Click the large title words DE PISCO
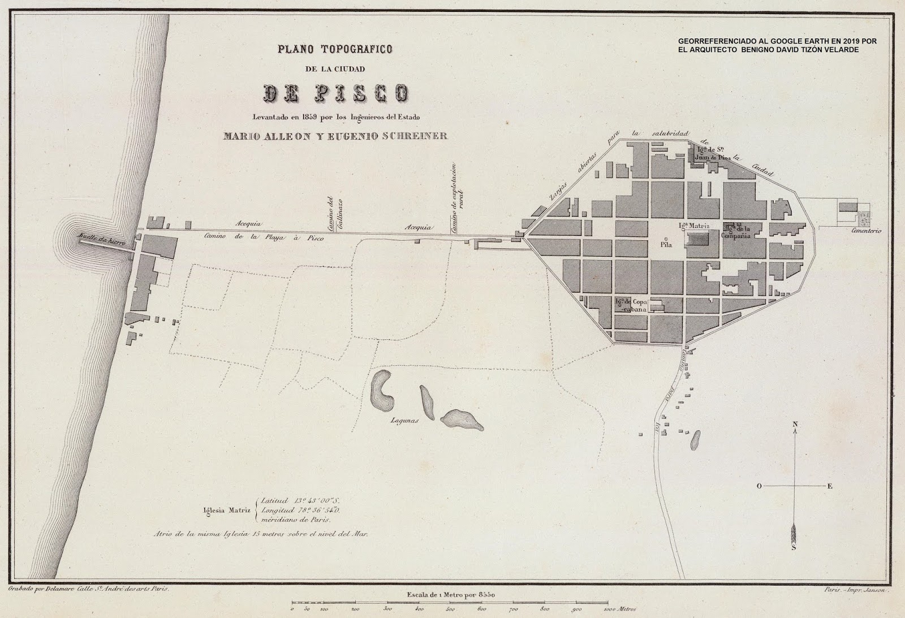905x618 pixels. click(x=336, y=93)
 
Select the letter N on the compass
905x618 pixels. click(x=795, y=424)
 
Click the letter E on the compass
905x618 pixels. click(x=830, y=486)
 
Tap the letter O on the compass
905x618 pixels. click(x=759, y=486)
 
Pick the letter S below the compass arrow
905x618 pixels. click(x=794, y=547)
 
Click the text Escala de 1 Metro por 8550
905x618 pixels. click(x=451, y=594)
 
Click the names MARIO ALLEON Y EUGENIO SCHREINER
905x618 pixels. click(x=336, y=136)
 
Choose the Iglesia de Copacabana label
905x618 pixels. click(x=631, y=305)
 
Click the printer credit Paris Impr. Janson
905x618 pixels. click(x=857, y=589)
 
